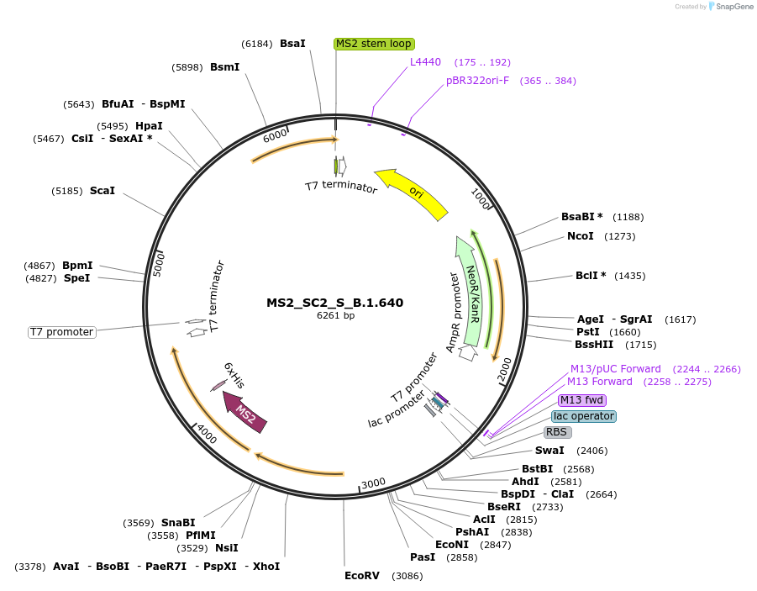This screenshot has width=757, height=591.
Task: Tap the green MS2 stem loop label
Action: [x=374, y=44]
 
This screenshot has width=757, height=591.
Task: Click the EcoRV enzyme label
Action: [x=362, y=576]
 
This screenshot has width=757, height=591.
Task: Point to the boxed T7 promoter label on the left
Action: [x=62, y=332]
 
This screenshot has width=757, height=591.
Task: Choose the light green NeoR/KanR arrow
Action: [x=470, y=290]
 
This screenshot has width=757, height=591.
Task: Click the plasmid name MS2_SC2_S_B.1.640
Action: [x=335, y=303]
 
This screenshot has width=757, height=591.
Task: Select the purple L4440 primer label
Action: [x=425, y=62]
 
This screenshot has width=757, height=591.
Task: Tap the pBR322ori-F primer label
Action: [x=477, y=81]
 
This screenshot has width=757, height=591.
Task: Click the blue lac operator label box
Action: [x=584, y=416]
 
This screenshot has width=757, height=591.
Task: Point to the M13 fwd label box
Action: [x=582, y=400]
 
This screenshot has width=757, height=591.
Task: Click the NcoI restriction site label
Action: [x=581, y=236]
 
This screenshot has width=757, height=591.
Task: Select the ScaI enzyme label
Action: [x=103, y=191]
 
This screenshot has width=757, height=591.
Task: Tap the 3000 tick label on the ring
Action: [x=373, y=483]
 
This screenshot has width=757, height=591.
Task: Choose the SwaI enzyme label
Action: [x=549, y=451]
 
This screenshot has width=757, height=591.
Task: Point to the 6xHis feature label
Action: [x=234, y=375]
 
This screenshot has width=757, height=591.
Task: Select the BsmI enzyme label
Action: [x=225, y=67]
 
